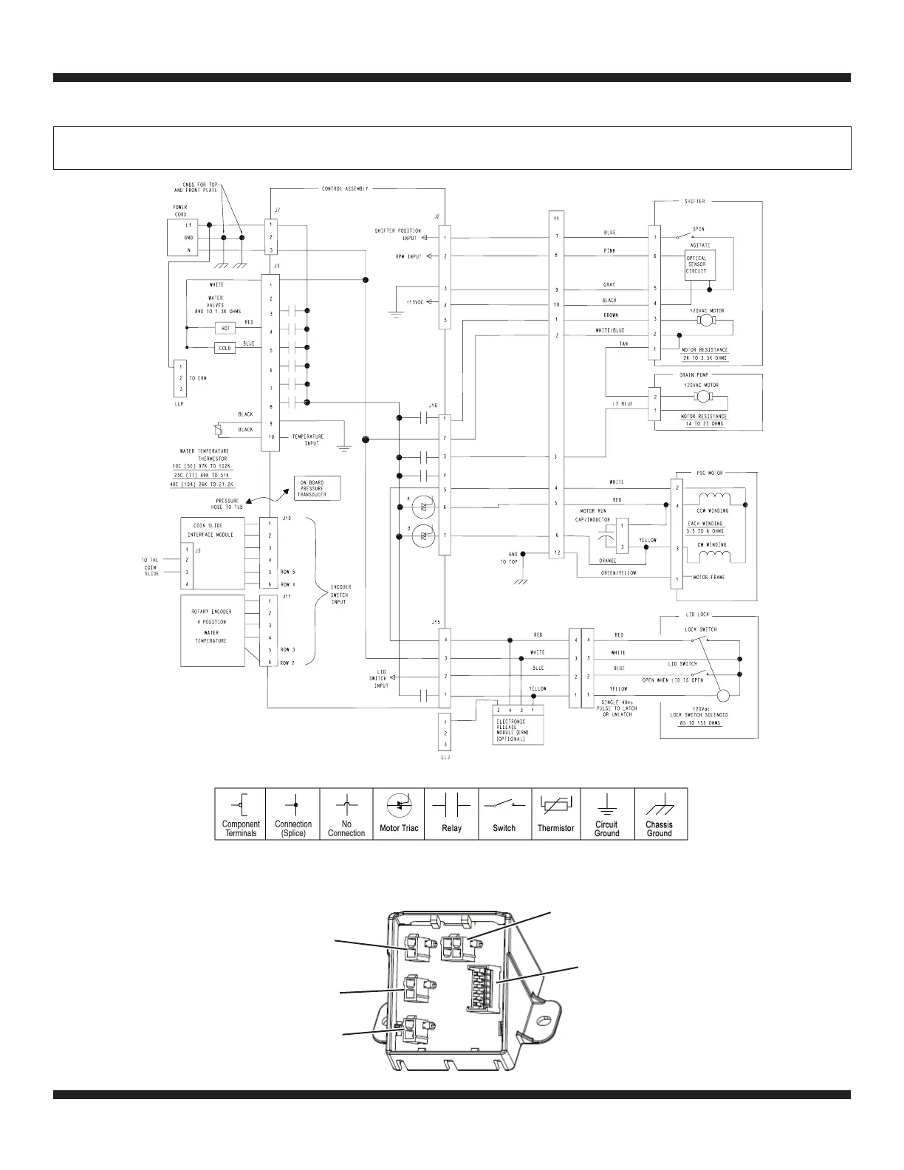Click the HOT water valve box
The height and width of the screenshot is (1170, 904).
[225, 328]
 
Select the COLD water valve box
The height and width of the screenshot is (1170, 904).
[225, 348]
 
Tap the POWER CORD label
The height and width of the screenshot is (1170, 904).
[180, 211]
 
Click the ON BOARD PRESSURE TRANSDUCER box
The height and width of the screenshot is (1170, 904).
[318, 488]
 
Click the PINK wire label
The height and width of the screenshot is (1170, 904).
[609, 251]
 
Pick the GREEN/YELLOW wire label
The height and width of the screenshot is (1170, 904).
[617, 572]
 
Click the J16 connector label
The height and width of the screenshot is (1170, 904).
[433, 406]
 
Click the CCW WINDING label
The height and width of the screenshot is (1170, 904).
[712, 510]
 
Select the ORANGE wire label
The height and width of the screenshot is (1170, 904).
[608, 561]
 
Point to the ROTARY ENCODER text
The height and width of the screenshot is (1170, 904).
[212, 612]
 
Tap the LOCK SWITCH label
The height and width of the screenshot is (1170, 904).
[700, 629]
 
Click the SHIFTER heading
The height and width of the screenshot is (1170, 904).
[694, 201]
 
